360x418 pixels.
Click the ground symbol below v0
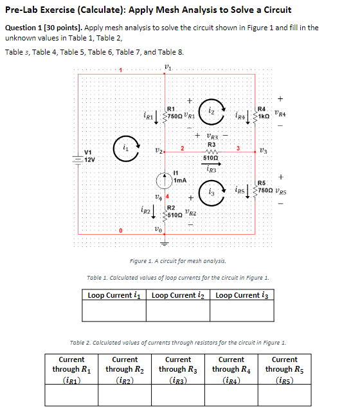166,243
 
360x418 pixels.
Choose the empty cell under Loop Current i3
244,311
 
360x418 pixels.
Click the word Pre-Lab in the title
23,10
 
